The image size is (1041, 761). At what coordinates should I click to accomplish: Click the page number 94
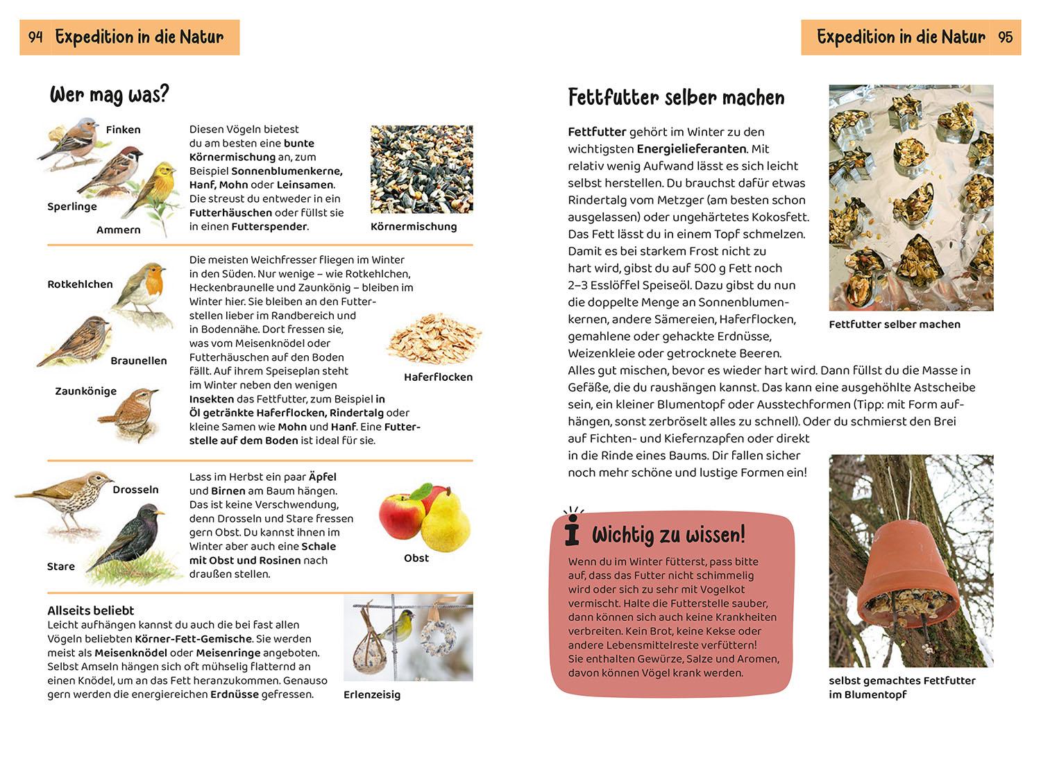coord(35,37)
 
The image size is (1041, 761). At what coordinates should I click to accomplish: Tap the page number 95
coord(1005,37)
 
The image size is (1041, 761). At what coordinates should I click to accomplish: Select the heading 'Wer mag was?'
coord(109,94)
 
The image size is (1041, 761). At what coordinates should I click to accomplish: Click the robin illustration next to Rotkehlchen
coord(145,287)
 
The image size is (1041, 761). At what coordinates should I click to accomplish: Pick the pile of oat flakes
coord(433,339)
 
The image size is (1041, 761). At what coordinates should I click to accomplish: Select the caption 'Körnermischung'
coord(414,227)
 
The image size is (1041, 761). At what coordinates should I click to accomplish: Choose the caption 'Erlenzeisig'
coord(372,695)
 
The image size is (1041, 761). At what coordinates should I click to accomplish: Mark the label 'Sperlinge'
coord(72,207)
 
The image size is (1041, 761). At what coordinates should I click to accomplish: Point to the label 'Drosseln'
coord(135,490)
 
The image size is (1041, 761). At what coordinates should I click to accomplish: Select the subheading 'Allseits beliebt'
coord(91,610)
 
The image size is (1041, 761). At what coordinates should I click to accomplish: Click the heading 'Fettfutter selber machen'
coord(676,98)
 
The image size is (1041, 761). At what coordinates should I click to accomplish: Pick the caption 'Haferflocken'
coord(438,377)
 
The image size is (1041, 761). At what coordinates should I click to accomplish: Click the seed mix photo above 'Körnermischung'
coord(421,169)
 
